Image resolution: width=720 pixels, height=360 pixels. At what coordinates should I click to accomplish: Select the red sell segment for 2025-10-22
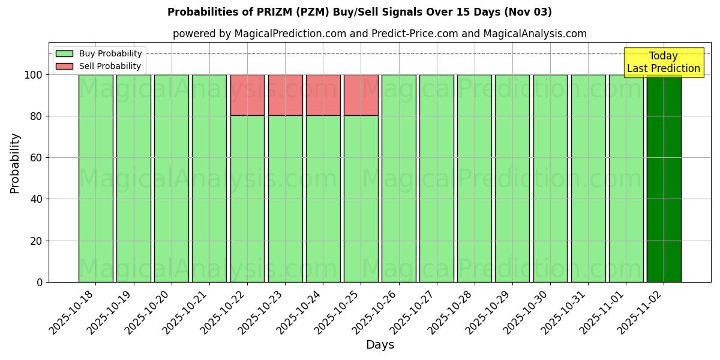[247, 95]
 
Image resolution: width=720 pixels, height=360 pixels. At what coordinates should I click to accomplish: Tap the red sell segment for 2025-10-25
[361, 95]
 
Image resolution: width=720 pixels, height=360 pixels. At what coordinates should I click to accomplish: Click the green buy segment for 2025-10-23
[285, 199]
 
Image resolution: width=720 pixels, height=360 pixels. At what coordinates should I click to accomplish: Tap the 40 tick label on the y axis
[36, 199]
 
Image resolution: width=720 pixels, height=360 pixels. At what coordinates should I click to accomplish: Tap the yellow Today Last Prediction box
[664, 62]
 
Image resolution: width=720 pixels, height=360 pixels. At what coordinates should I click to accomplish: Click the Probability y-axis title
[15, 163]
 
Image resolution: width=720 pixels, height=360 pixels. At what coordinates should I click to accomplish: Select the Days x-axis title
[380, 345]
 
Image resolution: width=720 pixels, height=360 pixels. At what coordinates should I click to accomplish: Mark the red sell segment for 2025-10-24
[323, 95]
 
